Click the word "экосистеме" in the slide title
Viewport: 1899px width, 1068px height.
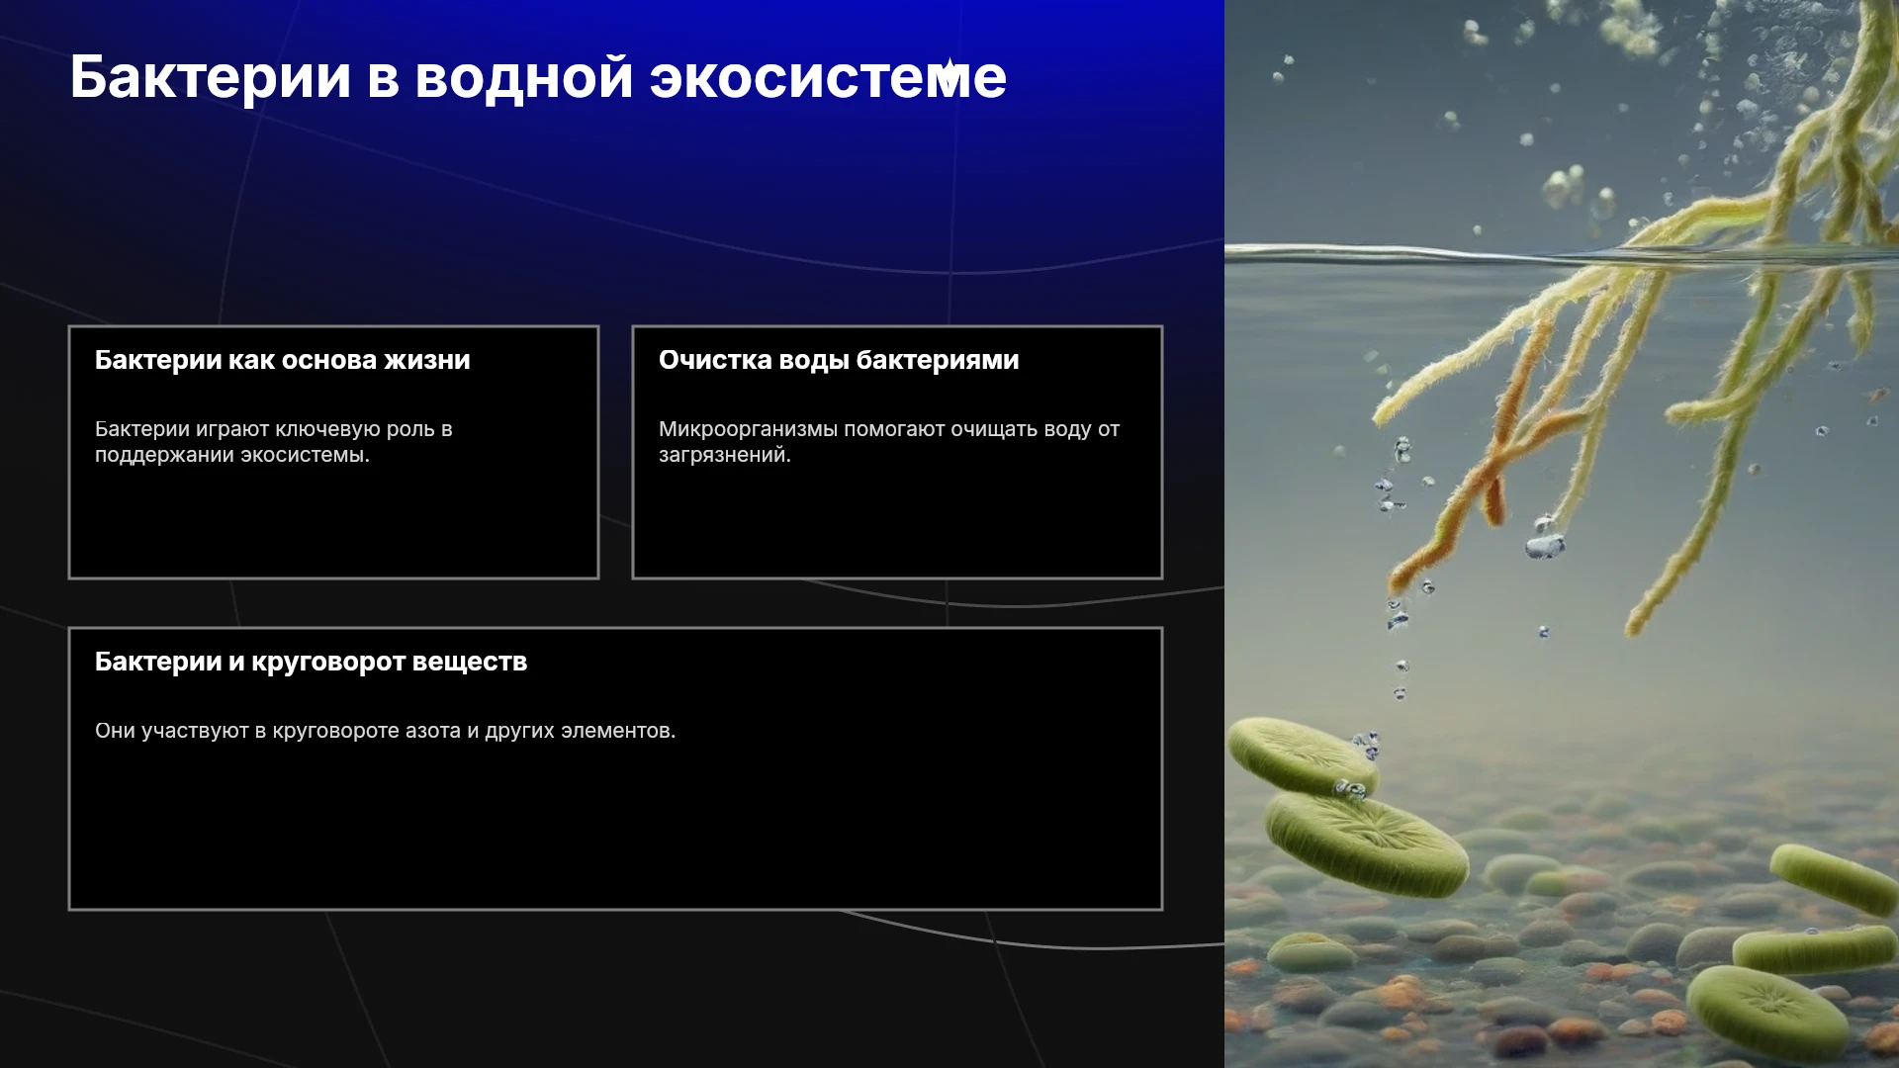pos(828,77)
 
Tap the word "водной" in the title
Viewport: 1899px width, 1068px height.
pos(524,77)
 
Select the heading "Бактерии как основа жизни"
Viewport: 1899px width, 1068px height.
pos(283,360)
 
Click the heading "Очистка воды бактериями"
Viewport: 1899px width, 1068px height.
pos(839,360)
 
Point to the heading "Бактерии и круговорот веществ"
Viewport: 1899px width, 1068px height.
pos(311,662)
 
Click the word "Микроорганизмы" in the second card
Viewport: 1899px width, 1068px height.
pos(749,429)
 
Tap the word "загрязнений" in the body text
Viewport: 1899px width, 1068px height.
pos(724,455)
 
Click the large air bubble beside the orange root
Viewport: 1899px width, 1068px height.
pos(1545,544)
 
